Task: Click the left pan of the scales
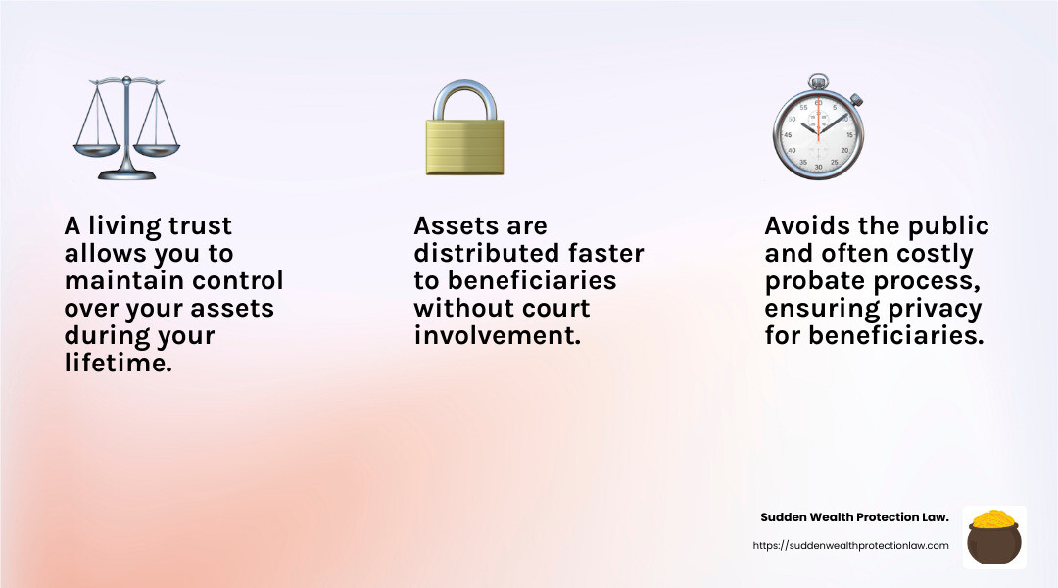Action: point(96,149)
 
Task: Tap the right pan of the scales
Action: point(157,149)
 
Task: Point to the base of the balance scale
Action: point(126,174)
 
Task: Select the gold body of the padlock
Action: point(465,147)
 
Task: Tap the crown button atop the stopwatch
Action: point(818,81)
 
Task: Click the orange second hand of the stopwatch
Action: point(818,122)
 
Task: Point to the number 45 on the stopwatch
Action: point(788,135)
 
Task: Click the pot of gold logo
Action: point(994,537)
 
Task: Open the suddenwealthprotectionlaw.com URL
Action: point(851,546)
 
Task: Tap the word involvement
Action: point(498,335)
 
